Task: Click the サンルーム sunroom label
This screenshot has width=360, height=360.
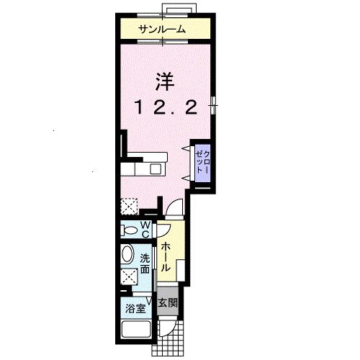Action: [162, 30]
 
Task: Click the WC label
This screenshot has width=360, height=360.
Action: [145, 229]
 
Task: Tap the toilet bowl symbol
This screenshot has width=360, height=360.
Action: [130, 230]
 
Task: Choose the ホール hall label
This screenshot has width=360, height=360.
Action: [166, 256]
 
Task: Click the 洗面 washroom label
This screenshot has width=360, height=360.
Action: [145, 264]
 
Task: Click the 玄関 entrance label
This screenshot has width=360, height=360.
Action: [166, 302]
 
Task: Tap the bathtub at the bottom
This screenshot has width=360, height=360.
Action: [135, 331]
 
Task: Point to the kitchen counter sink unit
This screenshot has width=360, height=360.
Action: [143, 168]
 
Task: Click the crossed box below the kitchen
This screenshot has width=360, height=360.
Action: [130, 206]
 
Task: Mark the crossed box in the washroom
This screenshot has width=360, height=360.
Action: [130, 276]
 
